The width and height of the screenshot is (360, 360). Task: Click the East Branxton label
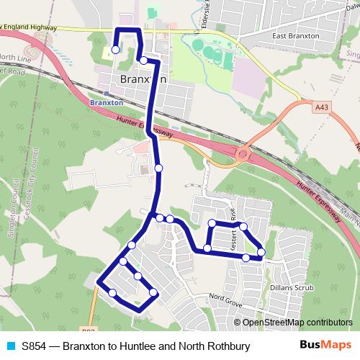coord(294,35)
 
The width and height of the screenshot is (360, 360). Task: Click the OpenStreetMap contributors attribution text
coord(297,323)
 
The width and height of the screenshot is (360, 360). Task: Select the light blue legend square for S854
coord(10,346)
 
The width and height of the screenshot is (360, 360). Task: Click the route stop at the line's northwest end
coord(115,50)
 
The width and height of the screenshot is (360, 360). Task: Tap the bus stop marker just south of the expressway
coord(158,168)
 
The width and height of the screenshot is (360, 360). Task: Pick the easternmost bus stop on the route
coord(261,252)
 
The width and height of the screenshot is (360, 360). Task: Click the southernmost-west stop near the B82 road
coord(112,292)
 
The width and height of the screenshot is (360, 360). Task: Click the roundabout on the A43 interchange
coord(242,153)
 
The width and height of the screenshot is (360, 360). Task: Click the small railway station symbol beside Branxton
coord(107,93)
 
